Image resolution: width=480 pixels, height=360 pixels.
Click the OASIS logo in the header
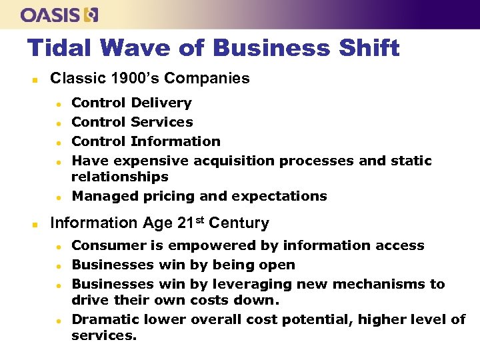(x=59, y=14)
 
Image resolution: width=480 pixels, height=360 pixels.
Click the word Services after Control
(x=162, y=122)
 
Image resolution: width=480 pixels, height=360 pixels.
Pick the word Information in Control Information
(x=175, y=141)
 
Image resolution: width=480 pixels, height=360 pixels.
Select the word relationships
(x=120, y=177)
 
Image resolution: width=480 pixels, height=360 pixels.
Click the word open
(x=277, y=265)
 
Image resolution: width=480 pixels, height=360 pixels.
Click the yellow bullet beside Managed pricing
(x=59, y=197)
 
